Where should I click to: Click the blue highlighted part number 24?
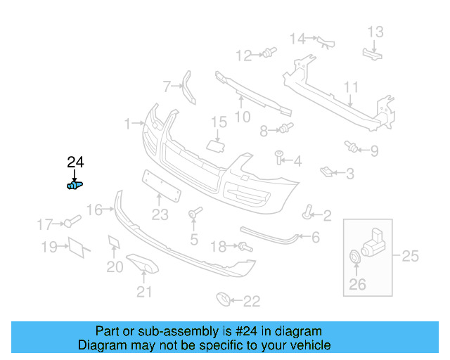74,185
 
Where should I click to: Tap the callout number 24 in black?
75,162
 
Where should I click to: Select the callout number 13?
375,32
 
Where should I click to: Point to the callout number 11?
352,87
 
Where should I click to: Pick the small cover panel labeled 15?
215,144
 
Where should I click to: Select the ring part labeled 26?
355,258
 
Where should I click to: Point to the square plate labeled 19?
75,247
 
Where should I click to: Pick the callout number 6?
315,238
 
